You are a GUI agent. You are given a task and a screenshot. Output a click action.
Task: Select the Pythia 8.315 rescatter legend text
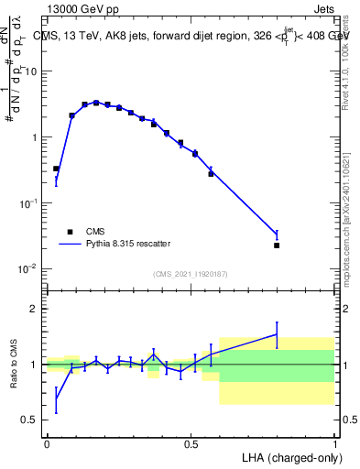[134, 244]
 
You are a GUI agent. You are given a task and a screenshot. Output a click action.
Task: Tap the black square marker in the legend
[70, 232]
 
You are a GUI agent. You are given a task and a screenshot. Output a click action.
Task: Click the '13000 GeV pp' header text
[82, 9]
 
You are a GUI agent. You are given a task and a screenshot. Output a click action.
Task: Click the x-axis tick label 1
[333, 443]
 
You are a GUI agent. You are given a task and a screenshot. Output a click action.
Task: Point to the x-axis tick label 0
[47, 443]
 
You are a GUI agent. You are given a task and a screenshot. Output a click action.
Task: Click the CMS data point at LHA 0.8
[277, 245]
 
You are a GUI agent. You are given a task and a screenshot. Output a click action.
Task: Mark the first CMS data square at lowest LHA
[56, 169]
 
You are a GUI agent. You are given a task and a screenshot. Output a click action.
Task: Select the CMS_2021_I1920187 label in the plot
[190, 273]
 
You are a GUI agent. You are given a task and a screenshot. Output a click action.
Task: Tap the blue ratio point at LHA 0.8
[277, 334]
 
